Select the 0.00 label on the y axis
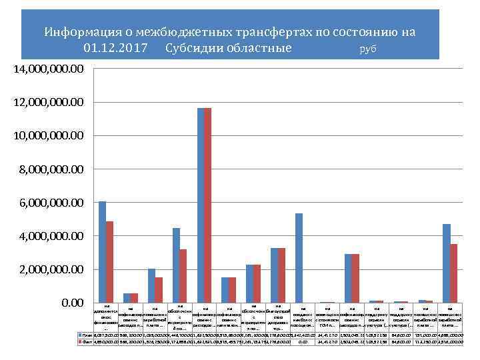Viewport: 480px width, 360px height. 73,303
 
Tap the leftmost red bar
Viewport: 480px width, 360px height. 110,262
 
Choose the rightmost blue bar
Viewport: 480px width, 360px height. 446,263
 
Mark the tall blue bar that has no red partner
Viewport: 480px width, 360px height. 299,258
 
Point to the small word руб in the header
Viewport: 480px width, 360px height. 368,50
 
